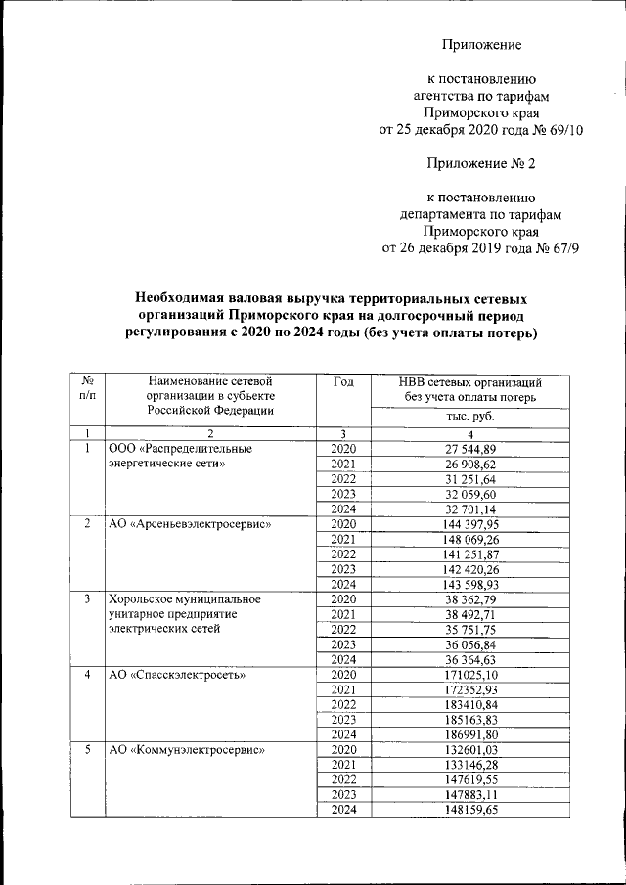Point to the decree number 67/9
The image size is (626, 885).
pyautogui.click(x=560, y=248)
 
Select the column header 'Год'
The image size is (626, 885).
pyautogui.click(x=344, y=382)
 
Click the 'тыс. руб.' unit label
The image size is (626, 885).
pyautogui.click(x=470, y=416)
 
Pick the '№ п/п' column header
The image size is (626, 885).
pyautogui.click(x=88, y=390)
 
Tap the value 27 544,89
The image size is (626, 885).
pyautogui.click(x=470, y=449)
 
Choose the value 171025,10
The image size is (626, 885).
pyautogui.click(x=470, y=675)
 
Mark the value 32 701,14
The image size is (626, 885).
pyautogui.click(x=470, y=509)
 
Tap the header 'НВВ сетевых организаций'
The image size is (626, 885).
pyautogui.click(x=470, y=383)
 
